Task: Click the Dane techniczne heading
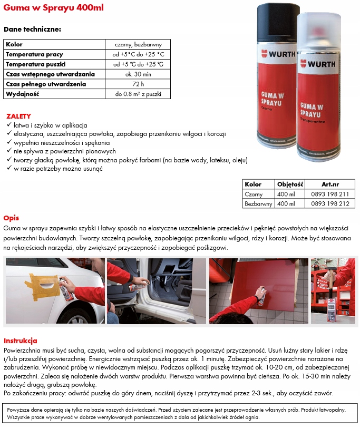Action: pyautogui.click(x=32, y=30)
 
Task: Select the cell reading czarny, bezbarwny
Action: pyautogui.click(x=138, y=44)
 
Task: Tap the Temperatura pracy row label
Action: pyautogui.click(x=35, y=54)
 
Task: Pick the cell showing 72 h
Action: pyautogui.click(x=138, y=84)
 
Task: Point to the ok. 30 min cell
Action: pyautogui.click(x=138, y=74)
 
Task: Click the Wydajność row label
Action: pyautogui.click(x=23, y=94)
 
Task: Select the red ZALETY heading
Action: pyautogui.click(x=18, y=116)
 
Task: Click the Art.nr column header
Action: pyautogui.click(x=330, y=184)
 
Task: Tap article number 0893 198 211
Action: pyautogui.click(x=330, y=194)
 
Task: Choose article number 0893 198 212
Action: pyautogui.click(x=330, y=203)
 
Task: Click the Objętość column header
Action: pyautogui.click(x=290, y=184)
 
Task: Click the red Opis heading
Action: pyautogui.click(x=12, y=218)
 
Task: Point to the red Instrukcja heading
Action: pyautogui.click(x=21, y=341)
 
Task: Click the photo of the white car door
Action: pyautogui.click(x=54, y=290)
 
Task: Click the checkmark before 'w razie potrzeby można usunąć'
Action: pyautogui.click(x=9, y=169)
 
